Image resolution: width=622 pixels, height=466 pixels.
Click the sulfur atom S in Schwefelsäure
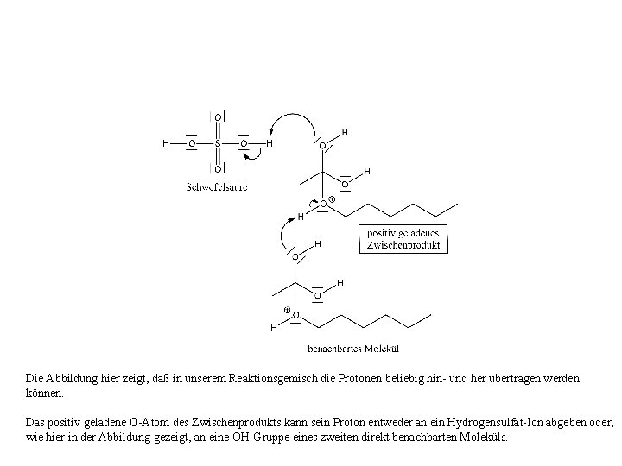point(218,143)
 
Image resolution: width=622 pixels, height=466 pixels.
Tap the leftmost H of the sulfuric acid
point(166,143)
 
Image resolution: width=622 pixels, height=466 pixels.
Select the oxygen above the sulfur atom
point(218,116)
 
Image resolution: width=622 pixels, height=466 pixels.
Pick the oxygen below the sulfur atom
point(218,169)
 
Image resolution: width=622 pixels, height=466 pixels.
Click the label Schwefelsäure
point(217,187)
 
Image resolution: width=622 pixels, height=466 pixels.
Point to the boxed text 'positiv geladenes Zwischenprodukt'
point(403,239)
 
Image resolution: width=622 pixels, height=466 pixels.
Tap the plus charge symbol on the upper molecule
point(333,200)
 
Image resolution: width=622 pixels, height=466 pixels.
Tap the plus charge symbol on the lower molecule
point(287,309)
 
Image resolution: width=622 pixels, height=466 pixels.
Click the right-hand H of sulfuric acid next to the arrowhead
point(270,143)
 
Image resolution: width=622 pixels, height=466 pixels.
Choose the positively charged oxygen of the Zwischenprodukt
point(323,205)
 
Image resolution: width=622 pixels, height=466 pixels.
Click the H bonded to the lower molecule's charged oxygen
point(274,328)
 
